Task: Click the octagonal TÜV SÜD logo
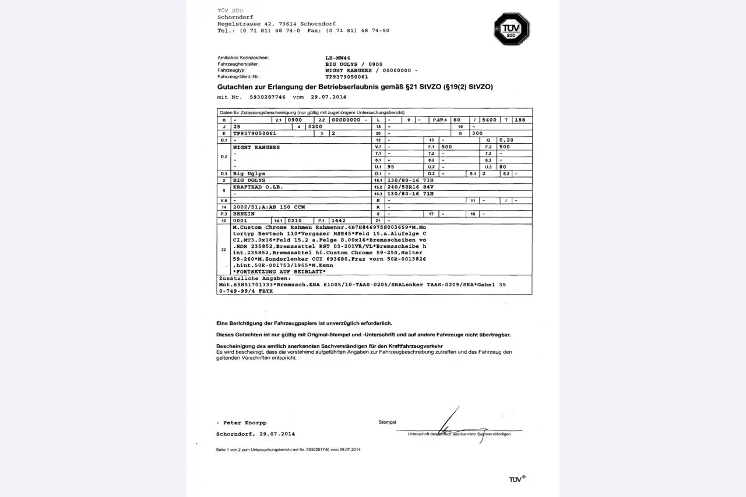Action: click(511, 29)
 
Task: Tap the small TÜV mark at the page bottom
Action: click(517, 479)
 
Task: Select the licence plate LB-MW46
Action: click(338, 58)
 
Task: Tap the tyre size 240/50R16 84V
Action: click(411, 187)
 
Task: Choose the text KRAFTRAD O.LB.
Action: click(258, 187)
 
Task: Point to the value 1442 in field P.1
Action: click(339, 221)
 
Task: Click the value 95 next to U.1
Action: click(391, 167)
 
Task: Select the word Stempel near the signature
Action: click(387, 422)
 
